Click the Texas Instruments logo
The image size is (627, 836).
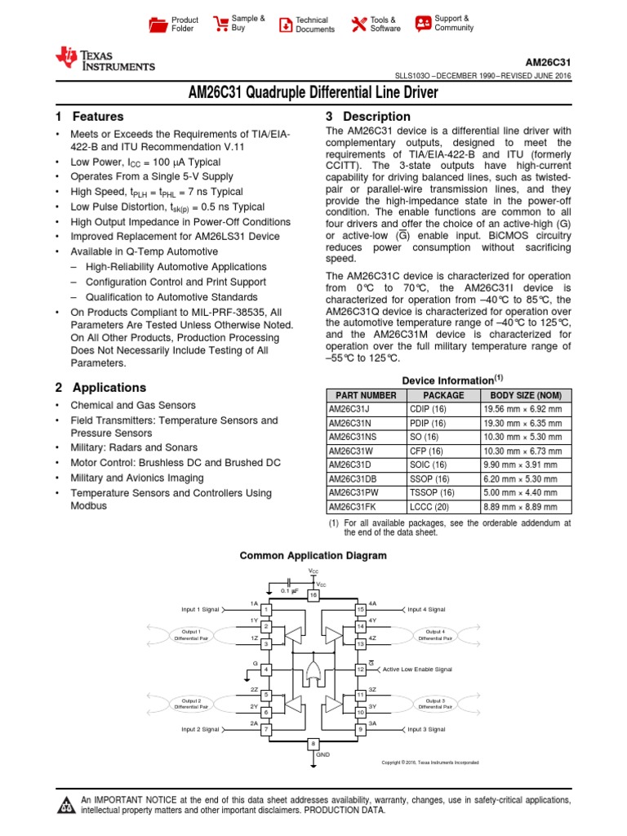click(104, 59)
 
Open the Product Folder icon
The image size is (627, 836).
click(158, 24)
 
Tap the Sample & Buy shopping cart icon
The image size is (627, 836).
click(219, 23)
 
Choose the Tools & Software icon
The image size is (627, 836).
click(358, 24)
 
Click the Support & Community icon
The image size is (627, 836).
click(423, 23)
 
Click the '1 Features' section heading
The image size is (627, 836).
click(89, 117)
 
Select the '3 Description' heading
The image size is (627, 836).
click(368, 117)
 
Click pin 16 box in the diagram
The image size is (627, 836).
click(313, 595)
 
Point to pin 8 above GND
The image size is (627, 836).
click(313, 744)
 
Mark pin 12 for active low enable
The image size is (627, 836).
click(360, 669)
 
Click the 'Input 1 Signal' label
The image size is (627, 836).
click(200, 610)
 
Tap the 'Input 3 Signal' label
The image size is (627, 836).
click(426, 729)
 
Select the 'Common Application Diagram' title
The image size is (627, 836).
click(313, 556)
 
